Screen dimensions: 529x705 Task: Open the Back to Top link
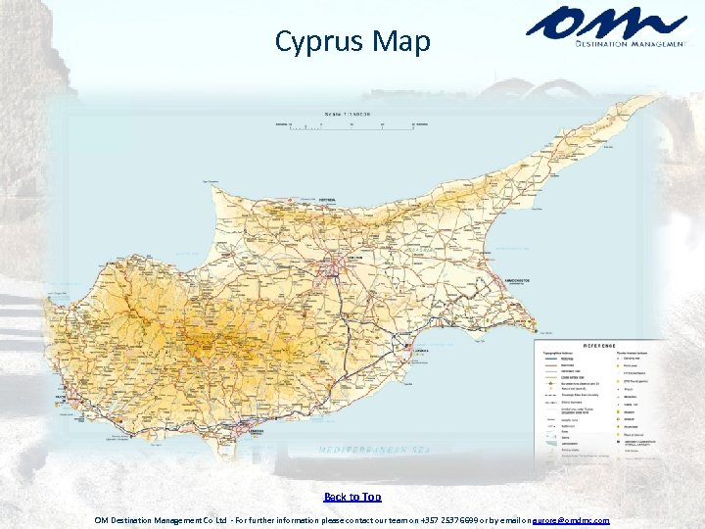pos(352,498)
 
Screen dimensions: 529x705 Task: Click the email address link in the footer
pos(570,520)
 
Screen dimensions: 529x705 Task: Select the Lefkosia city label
pos(353,257)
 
